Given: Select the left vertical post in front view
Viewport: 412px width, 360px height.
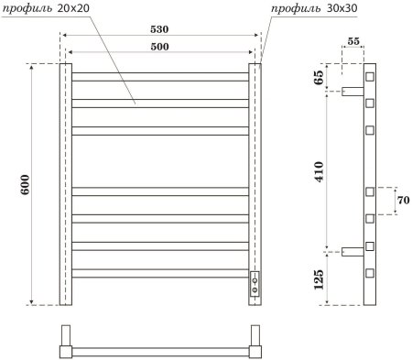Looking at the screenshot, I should tap(65, 184).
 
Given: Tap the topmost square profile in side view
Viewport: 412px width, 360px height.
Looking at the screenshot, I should tap(371, 76).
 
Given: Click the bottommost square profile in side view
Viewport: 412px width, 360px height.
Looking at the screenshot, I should tap(371, 273).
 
